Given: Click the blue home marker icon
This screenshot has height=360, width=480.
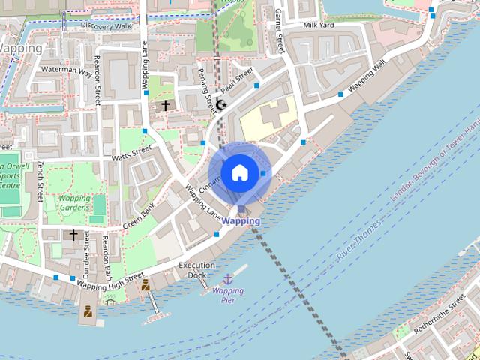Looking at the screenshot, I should pyautogui.click(x=239, y=172).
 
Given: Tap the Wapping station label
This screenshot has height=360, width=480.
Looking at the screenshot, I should pyautogui.click(x=241, y=221).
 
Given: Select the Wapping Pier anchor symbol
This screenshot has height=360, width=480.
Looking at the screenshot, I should pyautogui.click(x=228, y=279).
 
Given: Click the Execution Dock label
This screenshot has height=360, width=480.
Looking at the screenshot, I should pyautogui.click(x=197, y=270).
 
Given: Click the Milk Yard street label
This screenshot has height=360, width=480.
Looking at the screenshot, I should pyautogui.click(x=317, y=25).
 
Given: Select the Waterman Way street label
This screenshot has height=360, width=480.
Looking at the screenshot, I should pyautogui.click(x=67, y=71).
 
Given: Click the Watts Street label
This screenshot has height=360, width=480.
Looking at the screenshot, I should pyautogui.click(x=131, y=154).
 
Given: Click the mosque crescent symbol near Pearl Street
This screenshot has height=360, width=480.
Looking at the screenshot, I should pyautogui.click(x=220, y=104).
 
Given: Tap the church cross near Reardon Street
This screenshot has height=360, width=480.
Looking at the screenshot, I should pyautogui.click(x=165, y=106).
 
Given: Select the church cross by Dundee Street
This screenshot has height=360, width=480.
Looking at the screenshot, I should pyautogui.click(x=73, y=235).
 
